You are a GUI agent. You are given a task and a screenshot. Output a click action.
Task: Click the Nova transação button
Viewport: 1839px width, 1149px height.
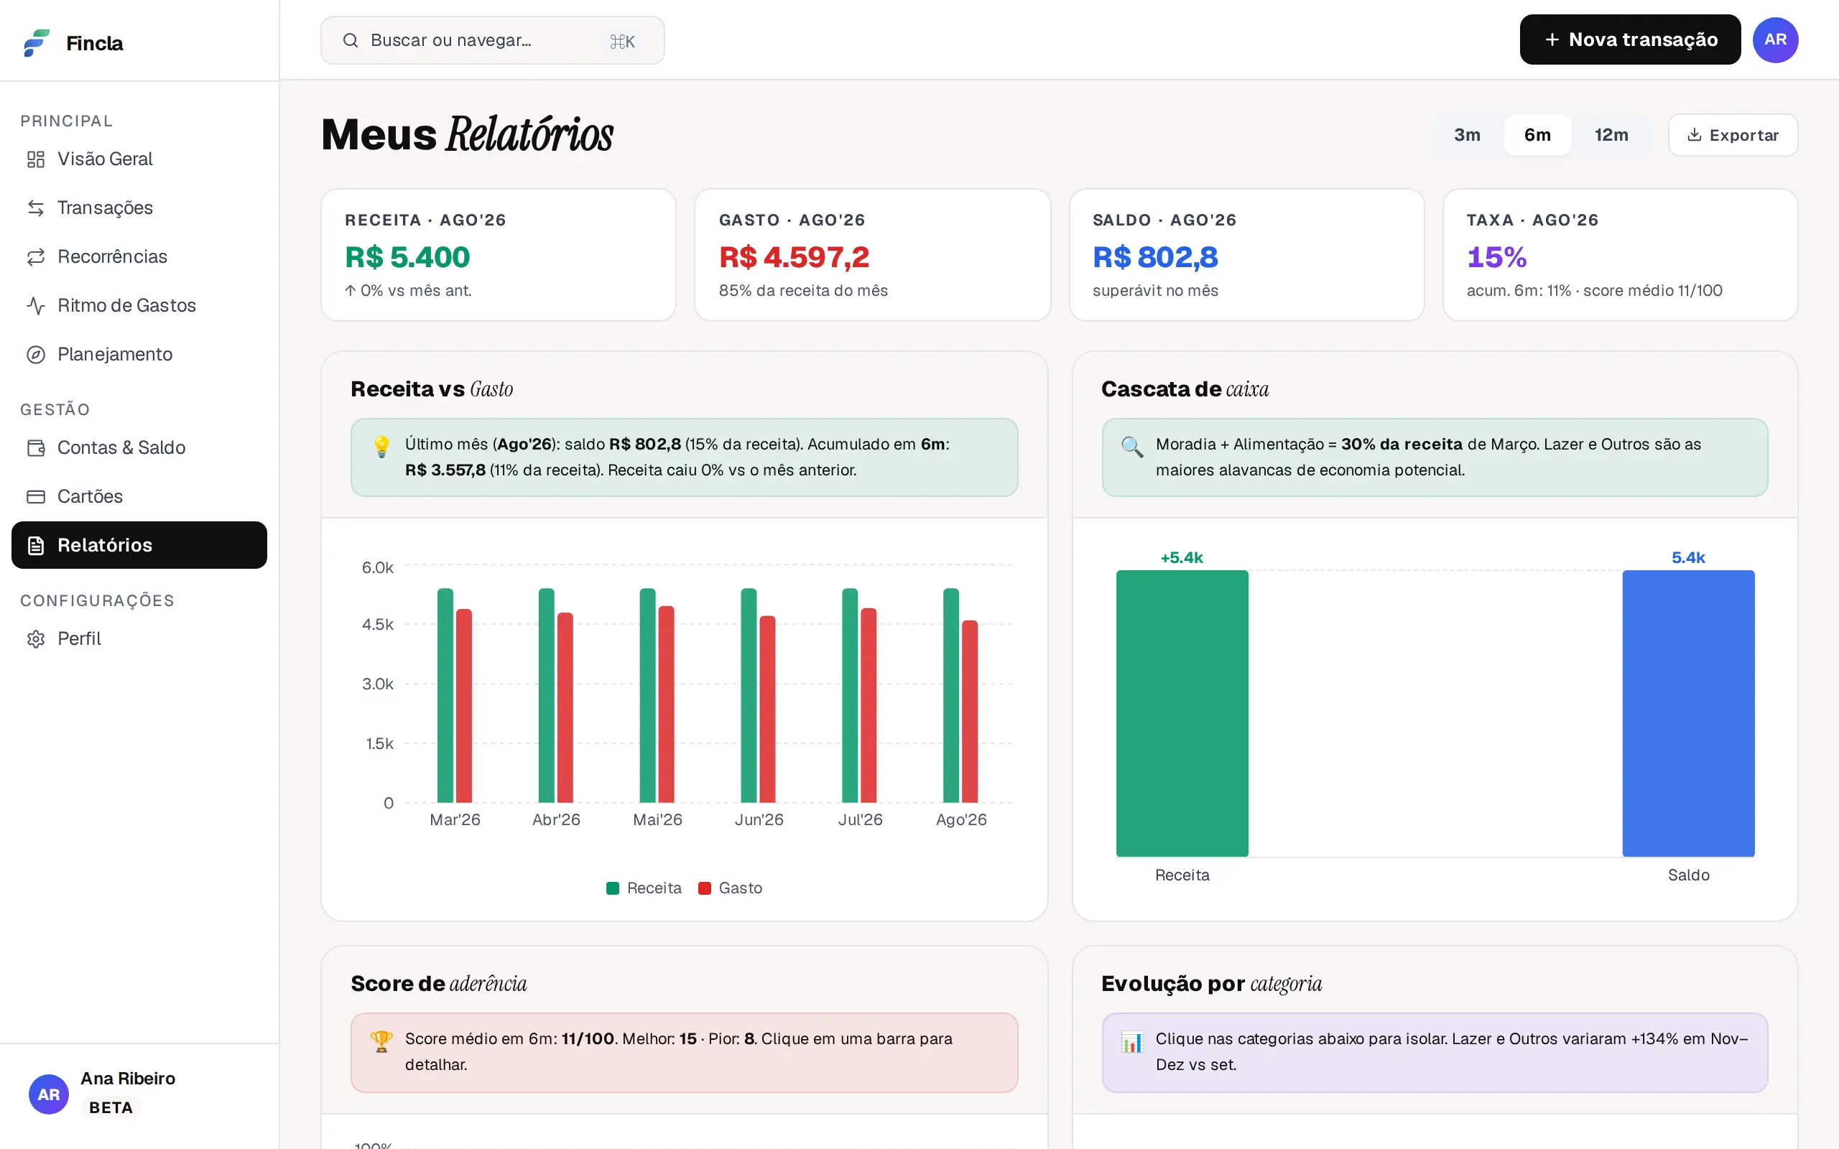tap(1629, 39)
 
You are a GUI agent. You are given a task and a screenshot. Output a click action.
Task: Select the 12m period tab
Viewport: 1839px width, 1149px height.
tap(1611, 134)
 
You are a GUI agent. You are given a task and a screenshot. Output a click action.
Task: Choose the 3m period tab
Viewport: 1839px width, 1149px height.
tap(1467, 134)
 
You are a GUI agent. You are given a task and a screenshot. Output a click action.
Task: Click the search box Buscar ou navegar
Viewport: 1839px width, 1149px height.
tap(492, 40)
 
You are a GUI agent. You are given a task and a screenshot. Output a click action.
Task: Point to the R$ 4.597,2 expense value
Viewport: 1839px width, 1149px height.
tap(793, 257)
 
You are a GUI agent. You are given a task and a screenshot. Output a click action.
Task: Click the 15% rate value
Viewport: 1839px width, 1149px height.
tap(1496, 257)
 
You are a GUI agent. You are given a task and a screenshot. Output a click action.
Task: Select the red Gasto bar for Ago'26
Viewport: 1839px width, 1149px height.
tap(970, 711)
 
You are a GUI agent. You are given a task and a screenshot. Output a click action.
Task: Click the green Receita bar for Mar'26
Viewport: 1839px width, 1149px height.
tap(445, 695)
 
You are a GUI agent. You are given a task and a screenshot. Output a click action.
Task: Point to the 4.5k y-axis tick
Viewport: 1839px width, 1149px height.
tap(378, 625)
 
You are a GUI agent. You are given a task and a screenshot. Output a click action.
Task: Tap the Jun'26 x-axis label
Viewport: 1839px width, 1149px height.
tap(759, 819)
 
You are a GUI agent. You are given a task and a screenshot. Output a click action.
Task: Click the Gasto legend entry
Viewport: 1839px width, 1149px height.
tap(731, 888)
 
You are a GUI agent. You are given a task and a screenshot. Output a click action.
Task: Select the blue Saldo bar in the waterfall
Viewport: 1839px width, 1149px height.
tap(1687, 714)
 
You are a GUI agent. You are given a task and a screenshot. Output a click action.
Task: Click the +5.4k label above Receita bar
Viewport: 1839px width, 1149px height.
tap(1182, 558)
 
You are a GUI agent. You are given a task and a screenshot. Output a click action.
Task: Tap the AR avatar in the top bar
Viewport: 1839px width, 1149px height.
tap(1775, 39)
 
